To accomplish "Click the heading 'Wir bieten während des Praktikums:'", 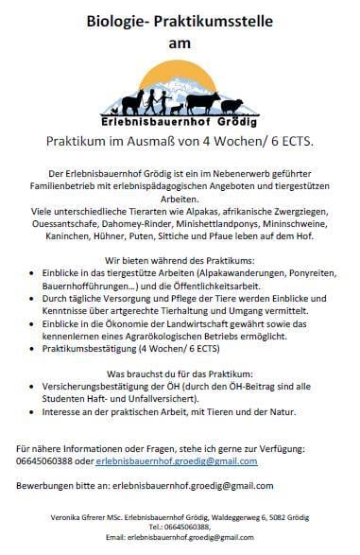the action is point(180,257).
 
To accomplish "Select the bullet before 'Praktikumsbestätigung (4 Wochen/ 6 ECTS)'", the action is point(44,349).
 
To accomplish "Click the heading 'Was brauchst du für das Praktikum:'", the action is point(180,373).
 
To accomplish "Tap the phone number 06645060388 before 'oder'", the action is point(50,460).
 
